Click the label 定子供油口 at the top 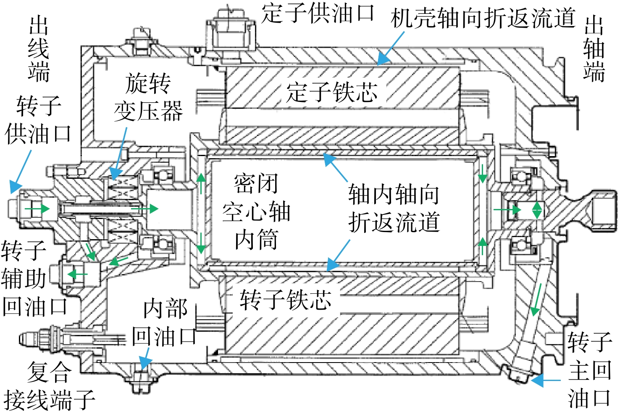click(318, 13)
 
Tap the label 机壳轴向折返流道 click(483, 18)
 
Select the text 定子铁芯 click(331, 92)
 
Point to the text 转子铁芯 click(286, 300)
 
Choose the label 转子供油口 click(38, 120)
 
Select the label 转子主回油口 click(590, 370)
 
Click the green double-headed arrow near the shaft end click(537, 210)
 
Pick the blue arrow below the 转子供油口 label click(21, 172)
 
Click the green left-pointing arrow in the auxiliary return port click(77, 274)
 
